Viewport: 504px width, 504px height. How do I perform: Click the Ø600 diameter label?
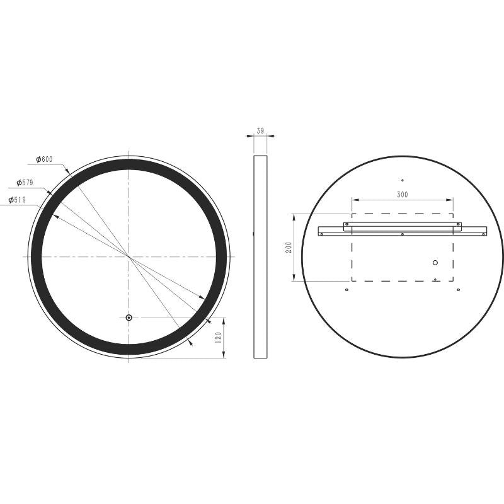[x=44, y=159]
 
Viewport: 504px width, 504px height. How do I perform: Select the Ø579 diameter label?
[x=25, y=183]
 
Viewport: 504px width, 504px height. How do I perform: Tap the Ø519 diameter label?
[x=17, y=200]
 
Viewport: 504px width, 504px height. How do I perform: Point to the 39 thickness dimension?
[x=260, y=131]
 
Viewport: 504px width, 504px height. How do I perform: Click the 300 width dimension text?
[x=403, y=195]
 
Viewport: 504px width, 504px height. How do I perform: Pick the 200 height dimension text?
[x=289, y=247]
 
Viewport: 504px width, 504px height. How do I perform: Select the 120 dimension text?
[x=218, y=338]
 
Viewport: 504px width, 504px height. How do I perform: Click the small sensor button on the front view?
[x=129, y=318]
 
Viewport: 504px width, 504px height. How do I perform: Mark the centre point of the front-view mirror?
[x=129, y=256]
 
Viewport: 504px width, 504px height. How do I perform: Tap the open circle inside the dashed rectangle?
[x=435, y=263]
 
